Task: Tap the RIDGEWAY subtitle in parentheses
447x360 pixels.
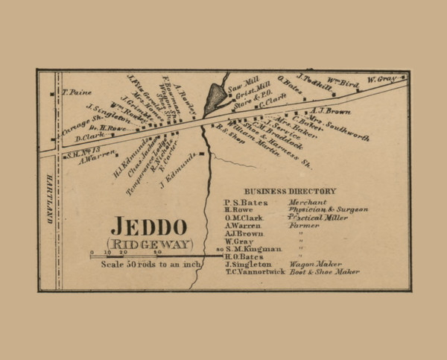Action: tap(149, 244)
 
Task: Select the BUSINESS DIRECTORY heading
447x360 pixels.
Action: tap(289, 191)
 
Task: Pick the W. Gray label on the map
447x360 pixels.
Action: tap(382, 79)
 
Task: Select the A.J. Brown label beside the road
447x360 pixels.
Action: tap(330, 110)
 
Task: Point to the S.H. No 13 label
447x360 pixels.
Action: tap(83, 150)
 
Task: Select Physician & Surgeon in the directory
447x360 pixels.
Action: tap(328, 209)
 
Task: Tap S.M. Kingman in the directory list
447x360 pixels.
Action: tap(256, 248)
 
